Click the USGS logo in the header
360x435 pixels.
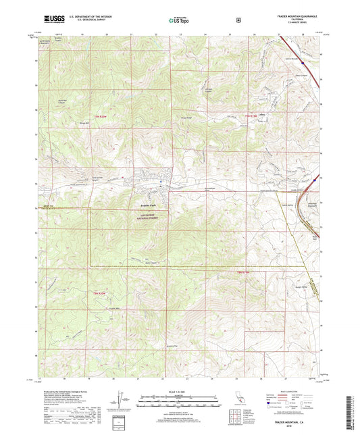(52, 19)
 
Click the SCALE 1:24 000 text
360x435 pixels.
(179, 392)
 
